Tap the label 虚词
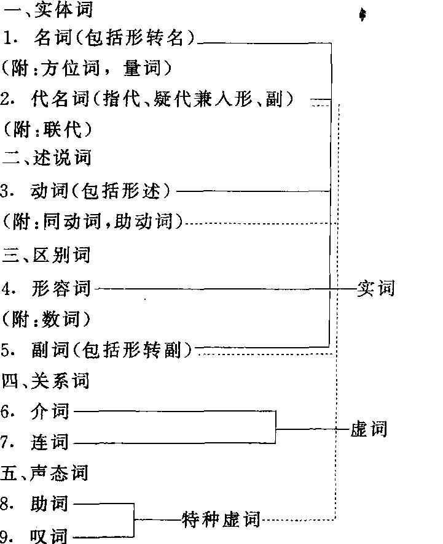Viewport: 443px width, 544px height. point(369,428)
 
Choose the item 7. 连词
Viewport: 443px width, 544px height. point(36,442)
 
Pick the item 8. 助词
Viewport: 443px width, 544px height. point(36,504)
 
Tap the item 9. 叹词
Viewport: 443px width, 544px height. point(36,535)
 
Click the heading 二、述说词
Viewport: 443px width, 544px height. point(47,158)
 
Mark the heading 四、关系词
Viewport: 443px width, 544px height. point(47,381)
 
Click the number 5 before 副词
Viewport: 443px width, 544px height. point(6,350)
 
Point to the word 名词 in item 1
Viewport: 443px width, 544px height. point(50,39)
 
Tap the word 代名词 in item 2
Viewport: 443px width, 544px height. point(58,99)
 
